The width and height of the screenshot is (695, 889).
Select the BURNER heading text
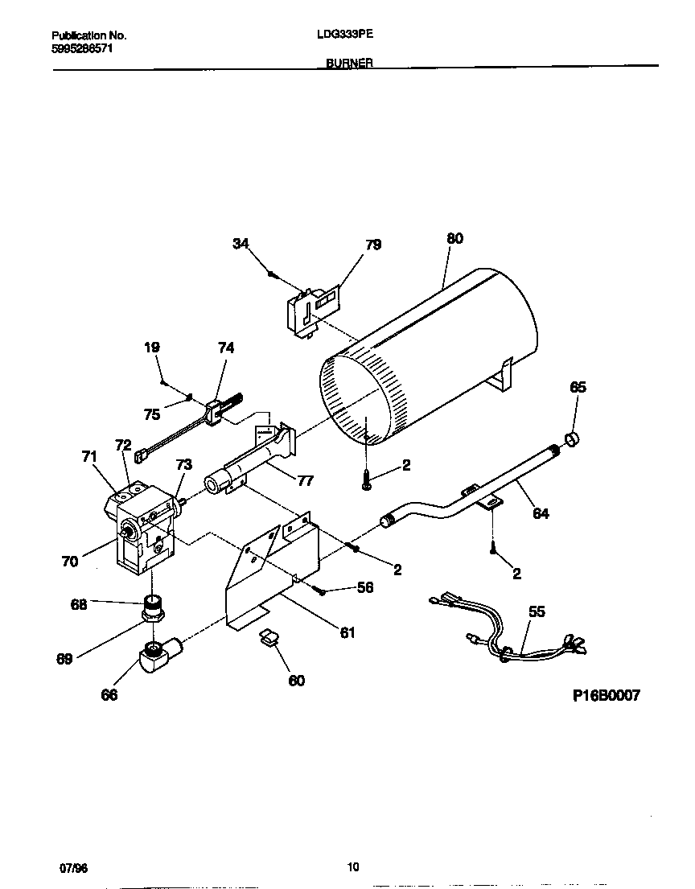[349, 63]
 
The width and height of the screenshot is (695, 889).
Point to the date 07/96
[73, 867]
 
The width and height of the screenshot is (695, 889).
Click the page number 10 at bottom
[352, 866]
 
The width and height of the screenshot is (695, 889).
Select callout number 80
[454, 238]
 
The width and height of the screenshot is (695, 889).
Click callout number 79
[373, 245]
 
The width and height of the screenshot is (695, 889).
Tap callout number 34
[241, 245]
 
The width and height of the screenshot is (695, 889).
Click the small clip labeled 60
[269, 638]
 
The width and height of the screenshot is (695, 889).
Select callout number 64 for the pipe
[541, 512]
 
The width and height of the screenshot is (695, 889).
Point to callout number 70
[70, 562]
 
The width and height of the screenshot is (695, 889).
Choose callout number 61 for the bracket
[347, 632]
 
